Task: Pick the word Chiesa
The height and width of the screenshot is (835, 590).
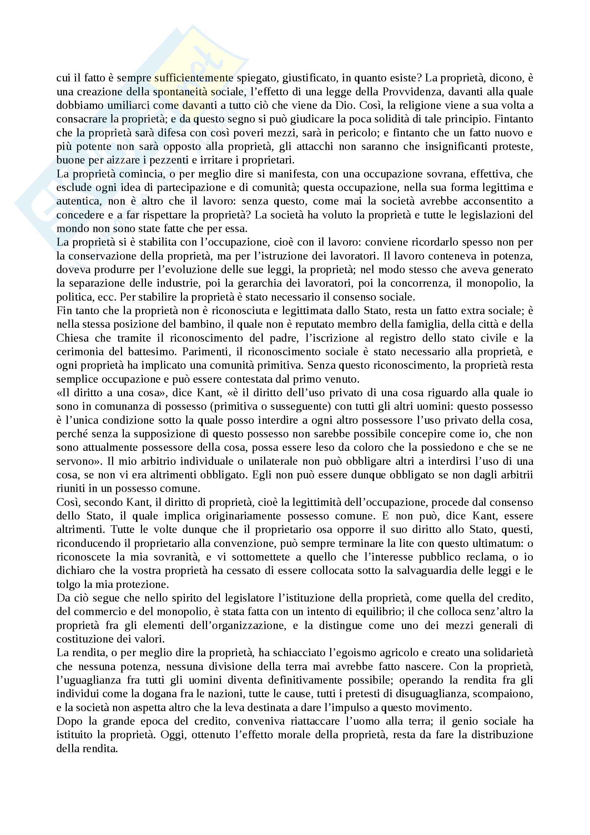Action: coord(73,338)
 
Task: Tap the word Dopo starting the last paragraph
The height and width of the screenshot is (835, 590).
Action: coord(70,721)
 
